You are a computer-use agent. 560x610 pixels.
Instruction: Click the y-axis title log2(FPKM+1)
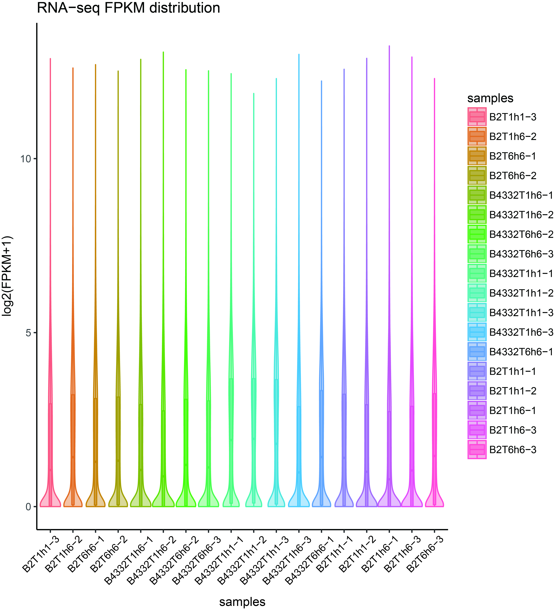click(x=7, y=276)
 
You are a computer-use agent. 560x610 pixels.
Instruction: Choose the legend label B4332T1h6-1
click(x=521, y=195)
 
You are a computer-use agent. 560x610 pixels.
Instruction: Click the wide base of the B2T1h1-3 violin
click(x=50, y=502)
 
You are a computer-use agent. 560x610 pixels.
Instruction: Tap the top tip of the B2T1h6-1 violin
click(x=389, y=46)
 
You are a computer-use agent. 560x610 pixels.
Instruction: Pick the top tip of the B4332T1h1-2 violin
click(x=254, y=94)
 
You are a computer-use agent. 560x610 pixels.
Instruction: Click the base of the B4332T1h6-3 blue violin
click(x=299, y=502)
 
